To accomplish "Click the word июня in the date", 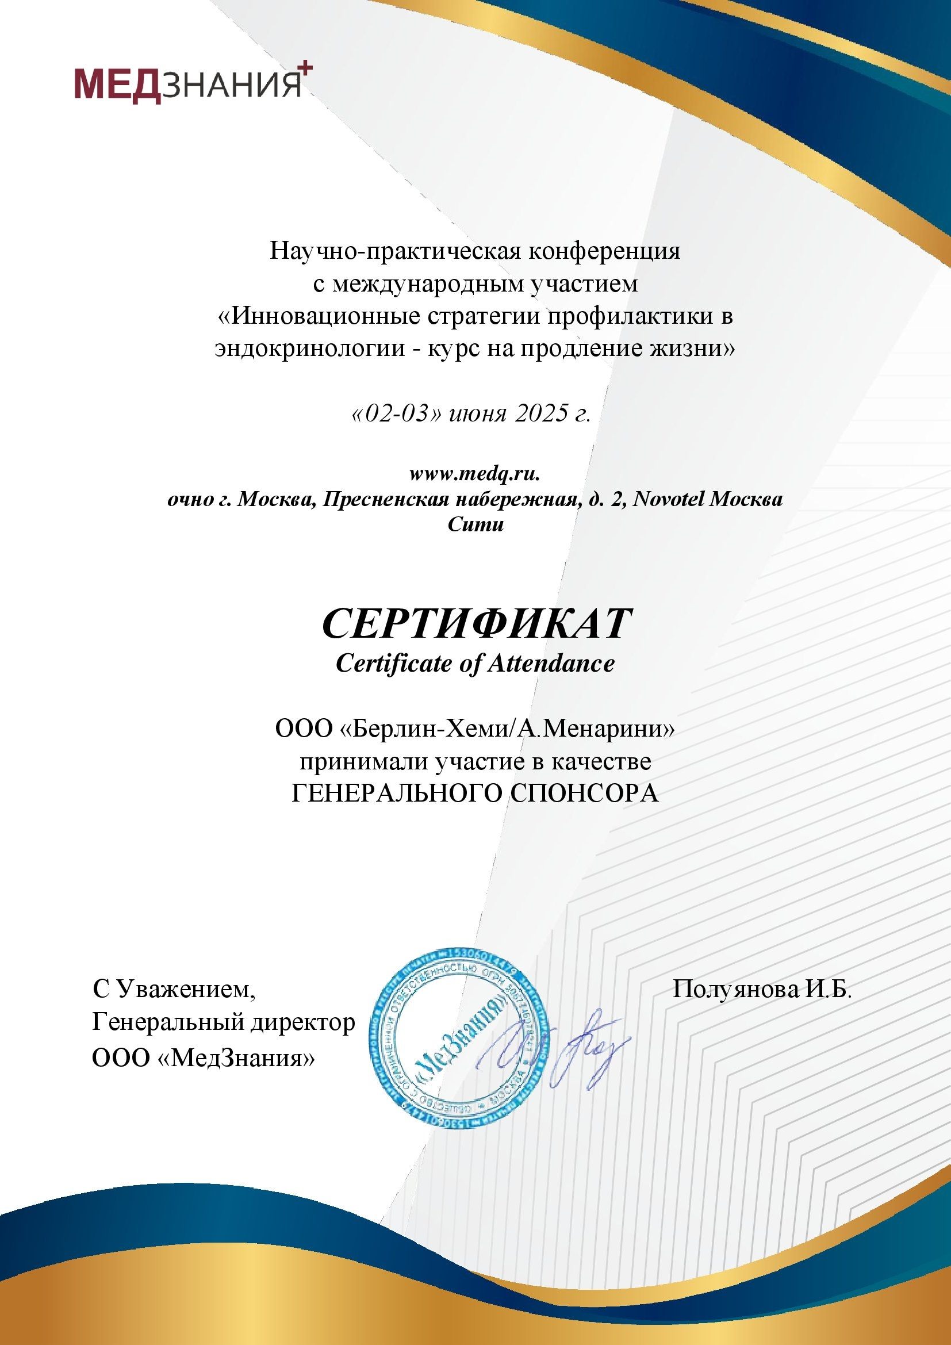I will (x=477, y=415).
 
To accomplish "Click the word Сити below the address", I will (x=475, y=524).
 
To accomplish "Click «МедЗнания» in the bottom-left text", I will (x=236, y=1058).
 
